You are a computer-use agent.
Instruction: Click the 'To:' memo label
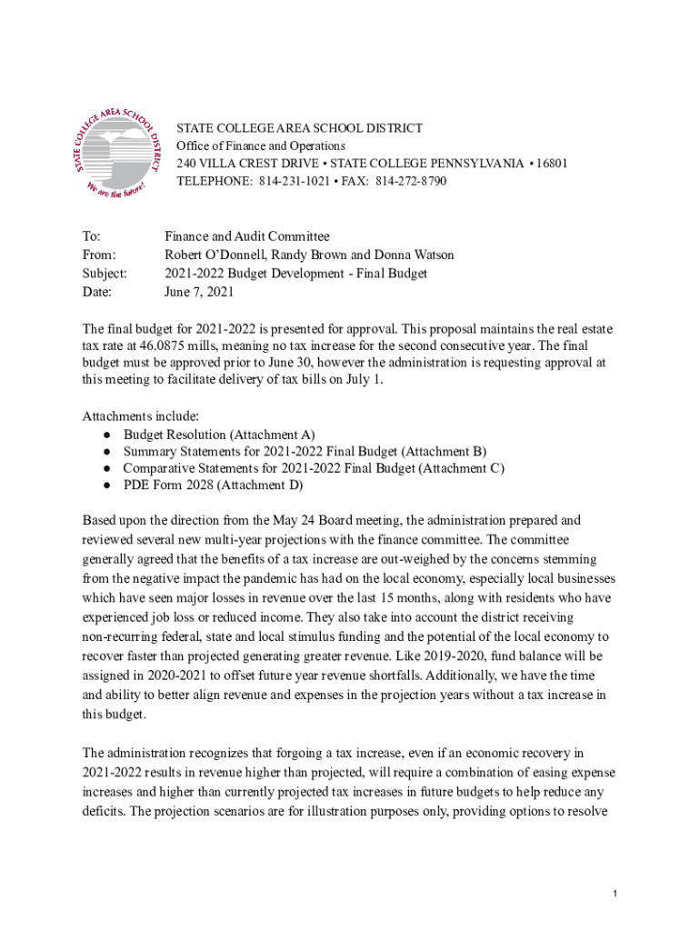pyautogui.click(x=92, y=236)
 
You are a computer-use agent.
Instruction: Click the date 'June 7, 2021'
pyautogui.click(x=199, y=292)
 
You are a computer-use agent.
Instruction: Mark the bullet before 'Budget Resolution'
pyautogui.click(x=106, y=435)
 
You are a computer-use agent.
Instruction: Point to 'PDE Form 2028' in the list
pyautogui.click(x=164, y=486)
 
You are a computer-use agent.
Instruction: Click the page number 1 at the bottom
pyautogui.click(x=615, y=896)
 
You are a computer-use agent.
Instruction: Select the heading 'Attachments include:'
pyautogui.click(x=135, y=416)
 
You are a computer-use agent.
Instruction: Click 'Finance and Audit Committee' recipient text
pyautogui.click(x=246, y=236)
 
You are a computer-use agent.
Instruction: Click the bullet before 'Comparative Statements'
pyautogui.click(x=106, y=468)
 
